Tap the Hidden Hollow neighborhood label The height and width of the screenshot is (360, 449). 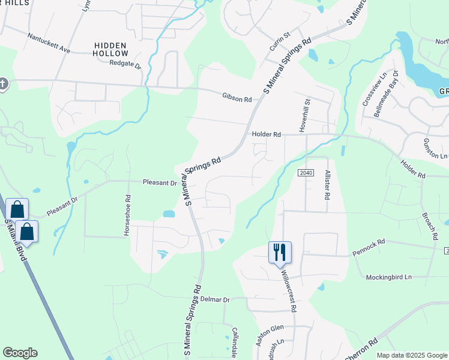111,49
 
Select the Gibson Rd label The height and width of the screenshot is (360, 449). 237,96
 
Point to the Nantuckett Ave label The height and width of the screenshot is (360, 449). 49,43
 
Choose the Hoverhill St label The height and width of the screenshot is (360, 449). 303,116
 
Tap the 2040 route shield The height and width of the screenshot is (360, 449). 306,173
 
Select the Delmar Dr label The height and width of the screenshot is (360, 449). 215,299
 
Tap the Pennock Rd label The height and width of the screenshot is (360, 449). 369,245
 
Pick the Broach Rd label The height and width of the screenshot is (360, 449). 429,226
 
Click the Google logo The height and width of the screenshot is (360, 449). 20,353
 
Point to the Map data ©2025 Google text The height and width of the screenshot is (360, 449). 411,355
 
